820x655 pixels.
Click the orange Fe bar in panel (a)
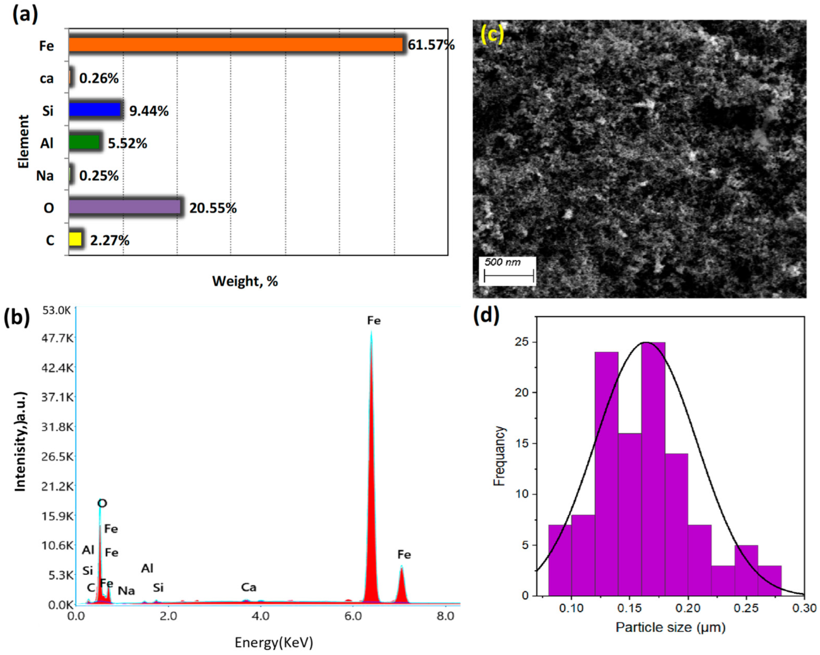point(235,45)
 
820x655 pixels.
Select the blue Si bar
point(95,110)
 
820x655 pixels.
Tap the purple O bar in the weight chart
point(125,207)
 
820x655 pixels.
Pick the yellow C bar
point(75,239)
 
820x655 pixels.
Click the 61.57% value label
point(431,45)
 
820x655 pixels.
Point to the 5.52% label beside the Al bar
point(127,143)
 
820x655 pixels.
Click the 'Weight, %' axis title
point(245,281)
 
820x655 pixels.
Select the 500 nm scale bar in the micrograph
point(509,275)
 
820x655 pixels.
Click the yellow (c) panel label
point(492,35)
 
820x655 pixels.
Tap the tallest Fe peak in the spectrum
point(371,338)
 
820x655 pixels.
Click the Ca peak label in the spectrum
point(249,587)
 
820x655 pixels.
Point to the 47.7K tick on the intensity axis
point(58,338)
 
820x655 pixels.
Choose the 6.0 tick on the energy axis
point(353,616)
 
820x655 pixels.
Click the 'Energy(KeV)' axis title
point(274,642)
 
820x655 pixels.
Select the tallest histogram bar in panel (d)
point(653,469)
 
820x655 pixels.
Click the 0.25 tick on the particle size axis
point(746,608)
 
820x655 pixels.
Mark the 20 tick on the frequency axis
point(521,393)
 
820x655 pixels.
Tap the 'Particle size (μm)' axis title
point(670,628)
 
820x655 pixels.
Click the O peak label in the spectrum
point(102,503)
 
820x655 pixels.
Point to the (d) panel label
point(486,315)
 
